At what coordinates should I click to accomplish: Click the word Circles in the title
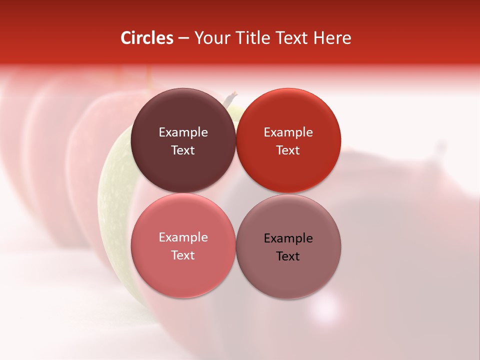pyautogui.click(x=147, y=38)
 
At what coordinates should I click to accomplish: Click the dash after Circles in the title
pyautogui.click(x=183, y=38)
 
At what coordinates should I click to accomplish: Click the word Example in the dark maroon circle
pyautogui.click(x=183, y=132)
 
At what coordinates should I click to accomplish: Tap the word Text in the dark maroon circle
pyautogui.click(x=183, y=150)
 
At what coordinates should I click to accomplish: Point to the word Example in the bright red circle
pyautogui.click(x=288, y=132)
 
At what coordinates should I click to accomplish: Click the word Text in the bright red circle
pyautogui.click(x=288, y=150)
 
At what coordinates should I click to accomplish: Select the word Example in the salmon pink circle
pyautogui.click(x=183, y=237)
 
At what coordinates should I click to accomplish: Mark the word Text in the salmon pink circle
pyautogui.click(x=183, y=255)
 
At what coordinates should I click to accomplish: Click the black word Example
pyautogui.click(x=288, y=238)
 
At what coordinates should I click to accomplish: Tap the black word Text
pyautogui.click(x=288, y=256)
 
